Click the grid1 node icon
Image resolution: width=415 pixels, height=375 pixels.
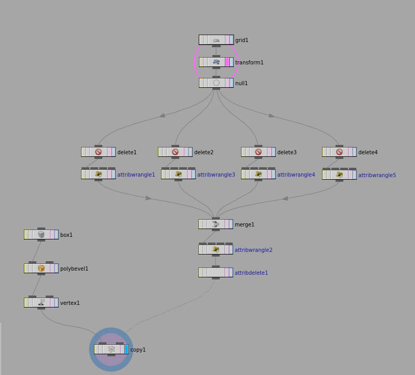pos(216,40)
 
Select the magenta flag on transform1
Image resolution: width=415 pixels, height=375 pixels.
pos(227,62)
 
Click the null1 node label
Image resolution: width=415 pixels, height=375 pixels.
pos(242,83)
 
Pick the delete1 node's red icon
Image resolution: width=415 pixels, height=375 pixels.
pos(98,152)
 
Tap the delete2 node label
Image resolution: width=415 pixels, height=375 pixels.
pos(204,152)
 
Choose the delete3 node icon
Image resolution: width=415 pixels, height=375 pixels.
pos(258,152)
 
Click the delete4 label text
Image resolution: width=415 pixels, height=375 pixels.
pos(368,152)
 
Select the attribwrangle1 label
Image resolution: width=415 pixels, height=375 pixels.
pos(136,175)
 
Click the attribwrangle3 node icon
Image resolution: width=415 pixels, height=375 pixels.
pos(178,174)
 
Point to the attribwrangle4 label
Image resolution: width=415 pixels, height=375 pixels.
pos(296,175)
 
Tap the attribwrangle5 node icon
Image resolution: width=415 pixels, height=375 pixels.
pos(339,175)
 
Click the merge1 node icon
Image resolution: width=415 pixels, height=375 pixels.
pos(216,224)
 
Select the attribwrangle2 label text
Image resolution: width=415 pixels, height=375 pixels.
pos(253,250)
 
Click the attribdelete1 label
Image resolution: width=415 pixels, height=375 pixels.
pos(251,273)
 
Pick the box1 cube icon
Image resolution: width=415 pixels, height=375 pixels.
pos(41,234)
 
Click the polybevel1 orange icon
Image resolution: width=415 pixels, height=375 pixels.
pos(41,269)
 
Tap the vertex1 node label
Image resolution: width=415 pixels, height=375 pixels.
pos(70,303)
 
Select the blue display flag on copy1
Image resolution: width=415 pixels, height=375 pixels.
pos(126,350)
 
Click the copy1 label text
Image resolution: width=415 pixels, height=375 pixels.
pos(138,350)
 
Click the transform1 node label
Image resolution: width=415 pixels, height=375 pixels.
pos(249,62)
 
